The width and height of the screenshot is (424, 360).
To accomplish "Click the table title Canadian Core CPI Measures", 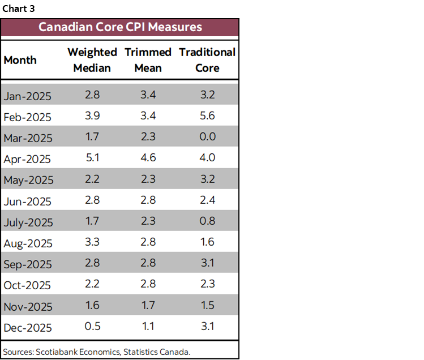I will point(119,27).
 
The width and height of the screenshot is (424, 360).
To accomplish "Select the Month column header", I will point(20,60).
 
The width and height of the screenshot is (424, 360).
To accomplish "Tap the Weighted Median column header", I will point(92,60).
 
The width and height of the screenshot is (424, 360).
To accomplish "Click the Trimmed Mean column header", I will point(148,60).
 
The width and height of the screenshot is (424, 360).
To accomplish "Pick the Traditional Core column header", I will point(207,60).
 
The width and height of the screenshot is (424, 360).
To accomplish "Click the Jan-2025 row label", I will point(27,96).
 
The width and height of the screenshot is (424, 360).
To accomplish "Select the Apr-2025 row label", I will point(27,160).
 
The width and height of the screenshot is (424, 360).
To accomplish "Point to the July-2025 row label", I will point(28,222).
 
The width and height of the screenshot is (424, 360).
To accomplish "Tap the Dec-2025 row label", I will point(28,328).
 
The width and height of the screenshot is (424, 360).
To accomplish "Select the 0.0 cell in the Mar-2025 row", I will point(207,136).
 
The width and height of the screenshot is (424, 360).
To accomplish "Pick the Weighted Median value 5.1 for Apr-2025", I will point(92,158).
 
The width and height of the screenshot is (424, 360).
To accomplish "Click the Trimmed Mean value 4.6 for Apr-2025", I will point(148,158).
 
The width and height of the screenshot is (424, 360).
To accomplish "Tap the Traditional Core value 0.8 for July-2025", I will point(207,221).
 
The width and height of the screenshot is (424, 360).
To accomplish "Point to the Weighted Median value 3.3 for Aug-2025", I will point(92,242).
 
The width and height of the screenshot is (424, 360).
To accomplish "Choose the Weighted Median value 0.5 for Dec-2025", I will point(92,326).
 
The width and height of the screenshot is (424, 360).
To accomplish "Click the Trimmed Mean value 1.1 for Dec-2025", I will point(148,326).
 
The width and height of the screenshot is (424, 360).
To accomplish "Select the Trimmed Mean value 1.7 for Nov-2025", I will point(148,305).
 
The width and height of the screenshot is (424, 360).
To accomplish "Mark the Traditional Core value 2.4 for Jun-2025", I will point(207,200).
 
